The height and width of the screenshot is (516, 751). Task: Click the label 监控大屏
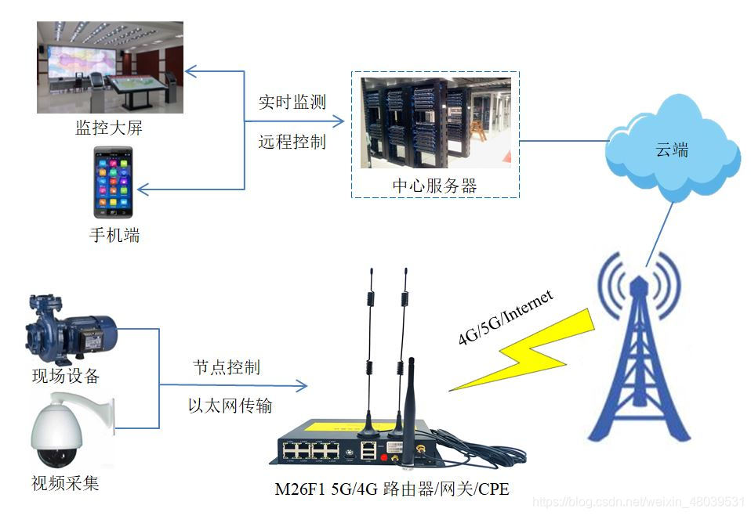click(109, 128)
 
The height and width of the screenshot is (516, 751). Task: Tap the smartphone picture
click(114, 182)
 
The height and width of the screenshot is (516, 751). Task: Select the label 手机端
click(114, 234)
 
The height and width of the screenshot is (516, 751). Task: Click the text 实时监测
click(292, 102)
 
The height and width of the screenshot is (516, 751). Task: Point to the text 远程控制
click(292, 143)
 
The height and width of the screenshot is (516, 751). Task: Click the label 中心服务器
click(434, 186)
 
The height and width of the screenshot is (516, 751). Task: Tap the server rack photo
click(435, 123)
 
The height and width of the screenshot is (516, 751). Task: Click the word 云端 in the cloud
click(672, 150)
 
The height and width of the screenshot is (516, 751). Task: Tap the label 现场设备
click(66, 376)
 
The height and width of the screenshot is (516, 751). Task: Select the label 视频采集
click(65, 482)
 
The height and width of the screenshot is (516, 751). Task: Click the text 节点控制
click(227, 367)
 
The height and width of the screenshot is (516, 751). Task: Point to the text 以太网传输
click(230, 406)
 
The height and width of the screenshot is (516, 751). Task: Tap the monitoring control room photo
click(110, 67)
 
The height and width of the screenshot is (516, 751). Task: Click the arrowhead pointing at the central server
click(339, 121)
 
